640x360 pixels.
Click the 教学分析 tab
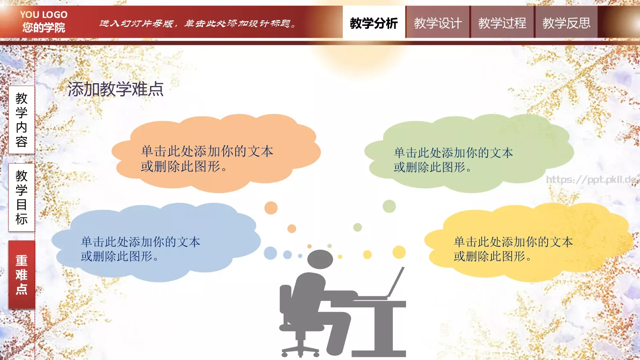tap(374, 23)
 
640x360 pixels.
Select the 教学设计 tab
tap(438, 23)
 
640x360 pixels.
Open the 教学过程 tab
tap(502, 23)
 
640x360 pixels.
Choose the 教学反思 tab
tap(566, 23)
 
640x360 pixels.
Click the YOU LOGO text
tap(44, 15)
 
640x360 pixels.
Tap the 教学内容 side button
tap(22, 120)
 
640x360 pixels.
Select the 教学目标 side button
tap(22, 197)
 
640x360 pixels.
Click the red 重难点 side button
tap(22, 274)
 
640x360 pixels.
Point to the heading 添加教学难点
tap(116, 89)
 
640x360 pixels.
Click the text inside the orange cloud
tap(207, 158)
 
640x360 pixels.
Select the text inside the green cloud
tap(453, 160)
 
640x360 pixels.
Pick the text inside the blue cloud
tap(140, 249)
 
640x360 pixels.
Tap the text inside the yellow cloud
tap(513, 249)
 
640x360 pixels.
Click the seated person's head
tap(320, 259)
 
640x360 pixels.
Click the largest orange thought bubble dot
tap(271, 208)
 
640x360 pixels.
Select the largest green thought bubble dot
tap(389, 206)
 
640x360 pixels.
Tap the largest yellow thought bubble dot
tap(399, 252)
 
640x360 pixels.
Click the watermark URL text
tap(591, 180)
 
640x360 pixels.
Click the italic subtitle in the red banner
tap(198, 24)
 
